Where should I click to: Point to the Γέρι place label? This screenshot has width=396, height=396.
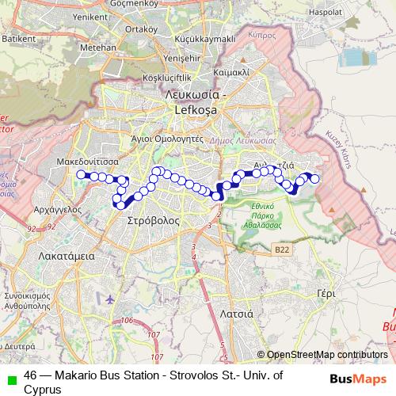coord(326,292)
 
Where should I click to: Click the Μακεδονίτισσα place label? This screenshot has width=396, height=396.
coord(89,159)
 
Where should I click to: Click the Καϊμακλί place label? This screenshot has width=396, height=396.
coord(232,70)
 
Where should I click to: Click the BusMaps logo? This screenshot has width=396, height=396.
coord(358,379)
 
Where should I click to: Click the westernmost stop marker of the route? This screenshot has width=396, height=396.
coord(81,174)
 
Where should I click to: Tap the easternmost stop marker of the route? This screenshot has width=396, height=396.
coord(315,179)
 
